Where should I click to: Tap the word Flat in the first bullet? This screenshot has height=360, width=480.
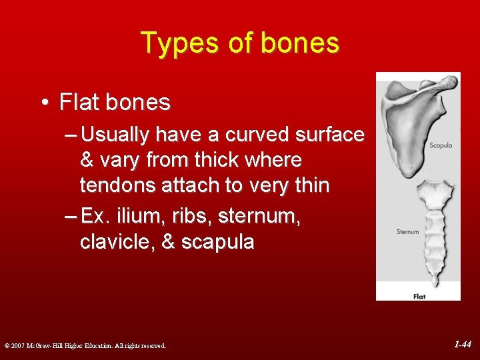pyautogui.click(x=79, y=103)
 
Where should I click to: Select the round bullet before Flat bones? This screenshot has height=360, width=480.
pyautogui.click(x=44, y=103)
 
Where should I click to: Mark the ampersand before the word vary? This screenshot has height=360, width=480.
pyautogui.click(x=87, y=160)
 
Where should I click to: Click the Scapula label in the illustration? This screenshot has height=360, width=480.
pyautogui.click(x=441, y=145)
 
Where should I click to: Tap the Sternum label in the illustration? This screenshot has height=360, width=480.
pyautogui.click(x=407, y=232)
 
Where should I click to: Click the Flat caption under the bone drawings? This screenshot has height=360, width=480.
pyautogui.click(x=419, y=296)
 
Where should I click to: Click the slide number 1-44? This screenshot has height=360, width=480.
pyautogui.click(x=462, y=345)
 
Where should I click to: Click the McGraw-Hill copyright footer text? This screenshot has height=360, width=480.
pyautogui.click(x=85, y=345)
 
